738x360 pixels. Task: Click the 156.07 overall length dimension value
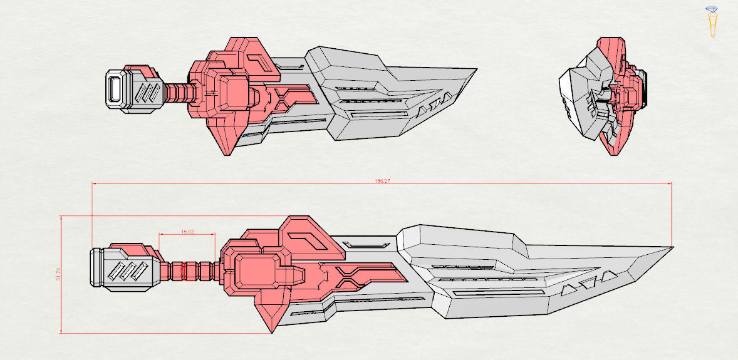coord(382,181)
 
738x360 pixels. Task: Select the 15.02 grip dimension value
coord(187,232)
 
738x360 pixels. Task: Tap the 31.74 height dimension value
coord(58,274)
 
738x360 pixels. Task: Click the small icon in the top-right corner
coord(712,21)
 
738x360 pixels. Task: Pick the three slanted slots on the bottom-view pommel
coord(130,271)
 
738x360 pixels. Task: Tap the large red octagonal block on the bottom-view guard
coord(257,273)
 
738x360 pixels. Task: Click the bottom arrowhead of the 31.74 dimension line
coord(61,332)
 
